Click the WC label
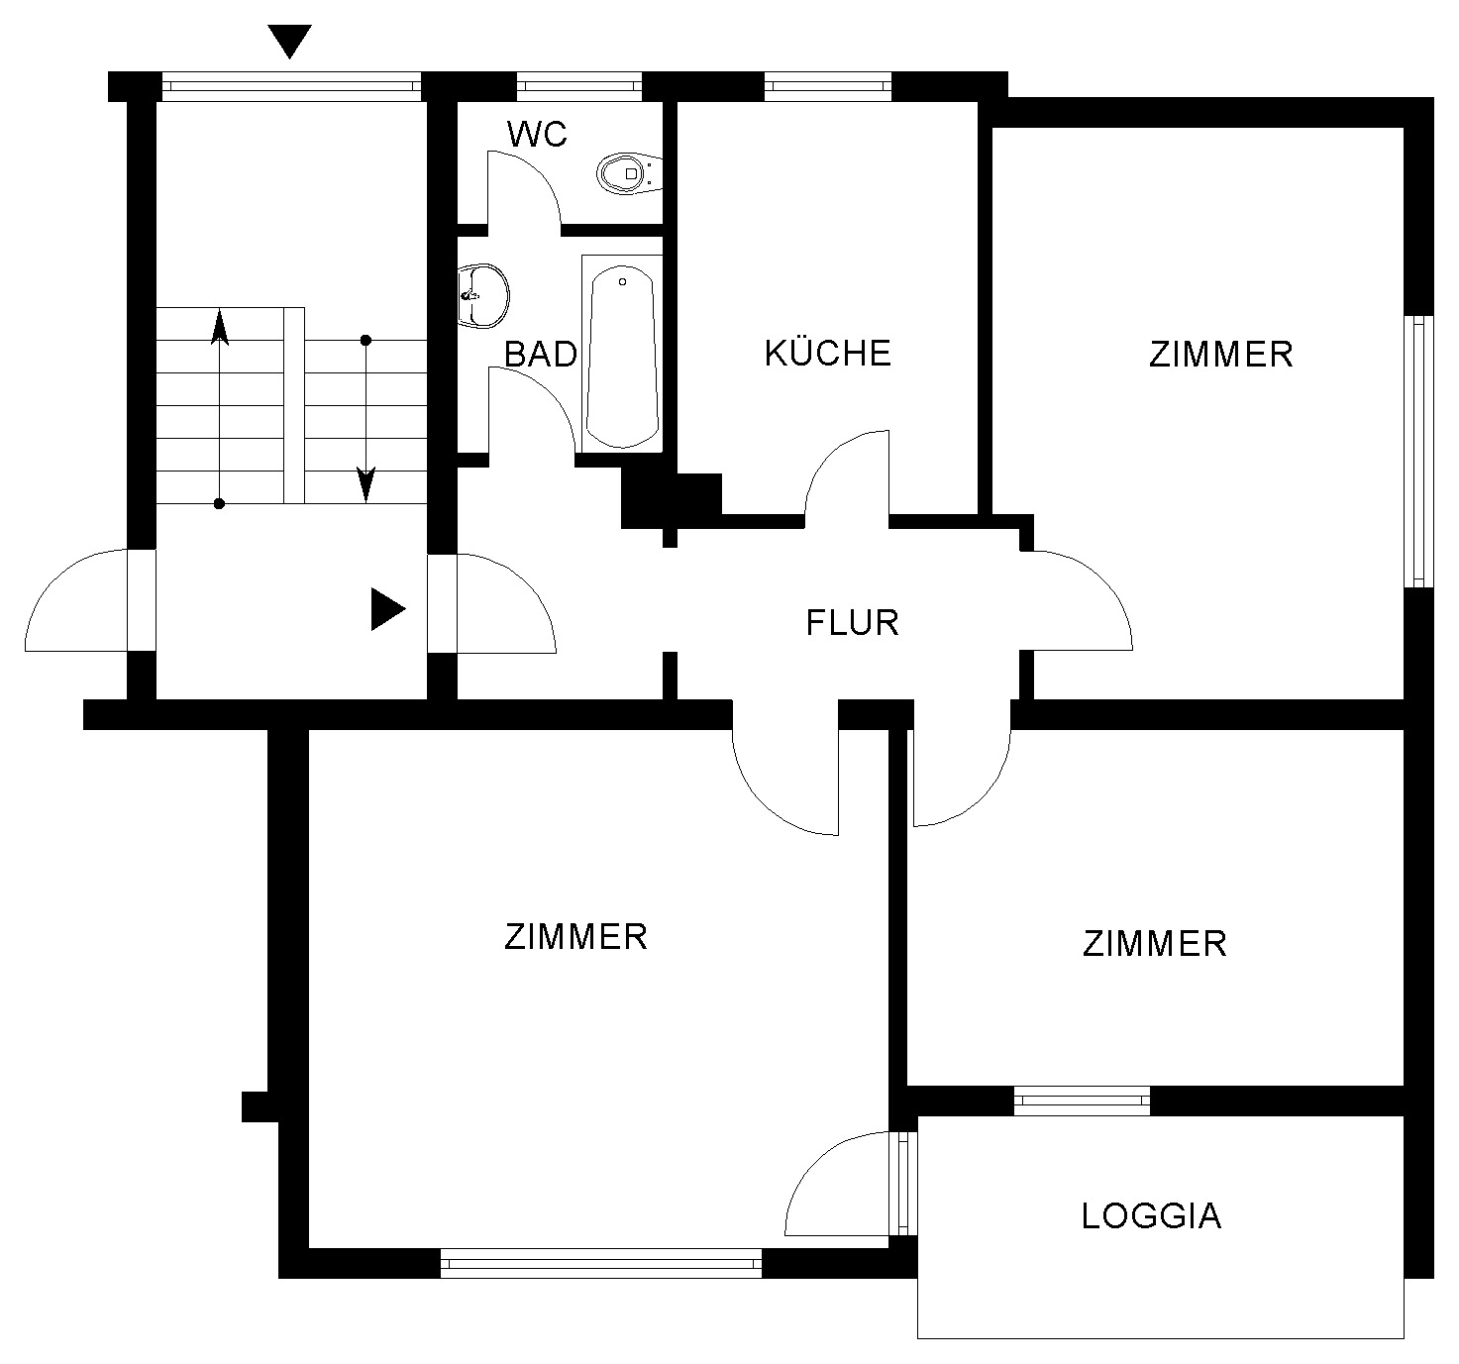coord(537,135)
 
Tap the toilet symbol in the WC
coord(629,173)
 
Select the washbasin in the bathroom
coord(482,296)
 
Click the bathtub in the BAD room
coord(622,354)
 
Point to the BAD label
coord(541,355)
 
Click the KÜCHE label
coord(827,353)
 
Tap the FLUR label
coord(852,623)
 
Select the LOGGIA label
coord(1151,1216)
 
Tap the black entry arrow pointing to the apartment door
coord(388,609)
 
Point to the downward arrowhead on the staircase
coord(365,484)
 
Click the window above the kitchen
coord(828,86)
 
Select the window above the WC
coord(579,86)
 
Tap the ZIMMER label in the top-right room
coord(1221,355)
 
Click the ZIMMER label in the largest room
coord(575,937)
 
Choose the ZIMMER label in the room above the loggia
coord(1155,944)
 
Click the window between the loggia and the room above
coord(1083,1101)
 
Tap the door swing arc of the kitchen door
coord(830,456)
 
